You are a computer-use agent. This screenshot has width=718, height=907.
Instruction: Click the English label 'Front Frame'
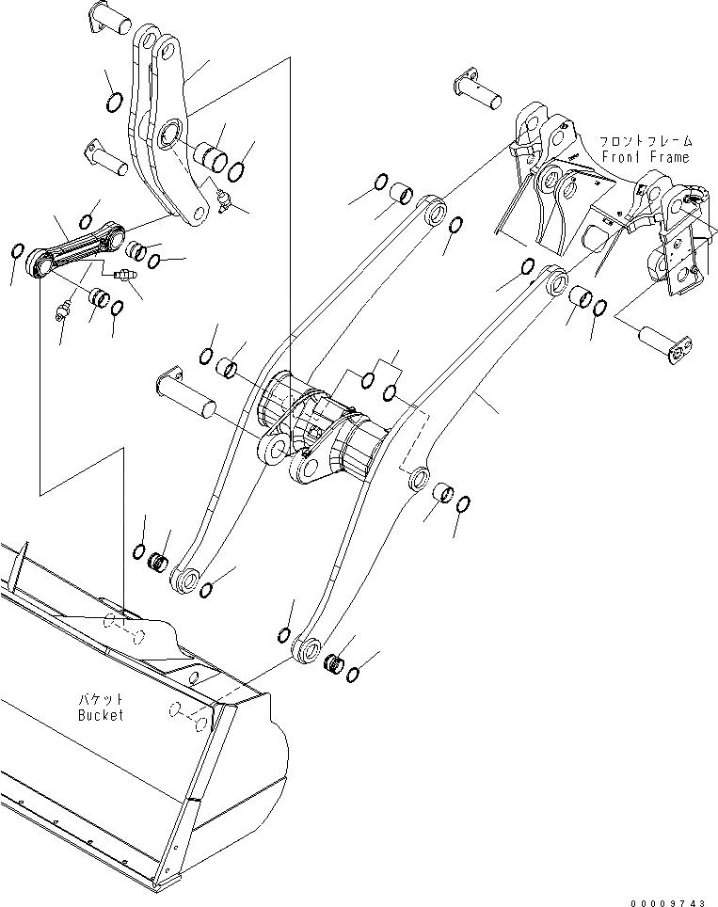(x=645, y=157)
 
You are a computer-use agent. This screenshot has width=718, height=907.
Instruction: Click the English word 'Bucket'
(x=100, y=715)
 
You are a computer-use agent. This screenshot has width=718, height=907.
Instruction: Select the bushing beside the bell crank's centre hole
(x=209, y=156)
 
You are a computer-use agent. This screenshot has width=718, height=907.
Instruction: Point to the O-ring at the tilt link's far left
(x=16, y=251)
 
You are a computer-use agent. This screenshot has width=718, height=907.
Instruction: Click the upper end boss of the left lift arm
(x=434, y=209)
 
